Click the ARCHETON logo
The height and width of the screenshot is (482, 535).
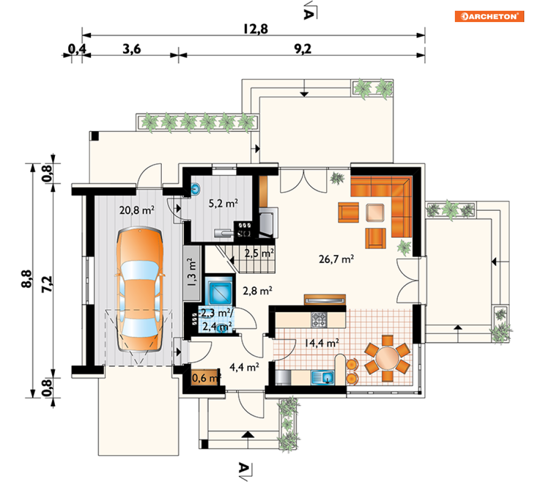pos(489,16)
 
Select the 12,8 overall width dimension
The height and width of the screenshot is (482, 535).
pos(255,29)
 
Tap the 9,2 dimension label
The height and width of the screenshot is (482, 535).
pos(303,49)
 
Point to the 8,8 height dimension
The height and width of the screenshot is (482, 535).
pos(26,279)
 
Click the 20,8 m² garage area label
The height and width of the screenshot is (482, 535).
pos(137,210)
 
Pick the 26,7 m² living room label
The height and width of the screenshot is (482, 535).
pos(336,259)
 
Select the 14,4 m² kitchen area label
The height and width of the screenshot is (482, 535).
pos(322,342)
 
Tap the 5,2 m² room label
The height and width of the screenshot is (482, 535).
pos(223,203)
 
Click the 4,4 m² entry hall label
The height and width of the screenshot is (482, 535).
pos(244,367)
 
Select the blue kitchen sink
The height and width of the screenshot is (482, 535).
pos(323,378)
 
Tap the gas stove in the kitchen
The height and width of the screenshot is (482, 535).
pos(319,320)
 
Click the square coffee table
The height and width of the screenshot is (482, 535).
pos(375,212)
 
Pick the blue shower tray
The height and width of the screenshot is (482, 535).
pos(220,293)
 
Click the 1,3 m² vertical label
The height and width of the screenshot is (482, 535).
pos(191,272)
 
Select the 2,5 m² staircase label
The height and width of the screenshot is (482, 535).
pos(259,253)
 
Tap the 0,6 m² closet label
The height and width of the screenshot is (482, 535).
pos(206,378)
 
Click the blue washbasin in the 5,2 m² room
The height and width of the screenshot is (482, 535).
pos(196,188)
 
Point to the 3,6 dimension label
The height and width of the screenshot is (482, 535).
pos(132,49)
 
